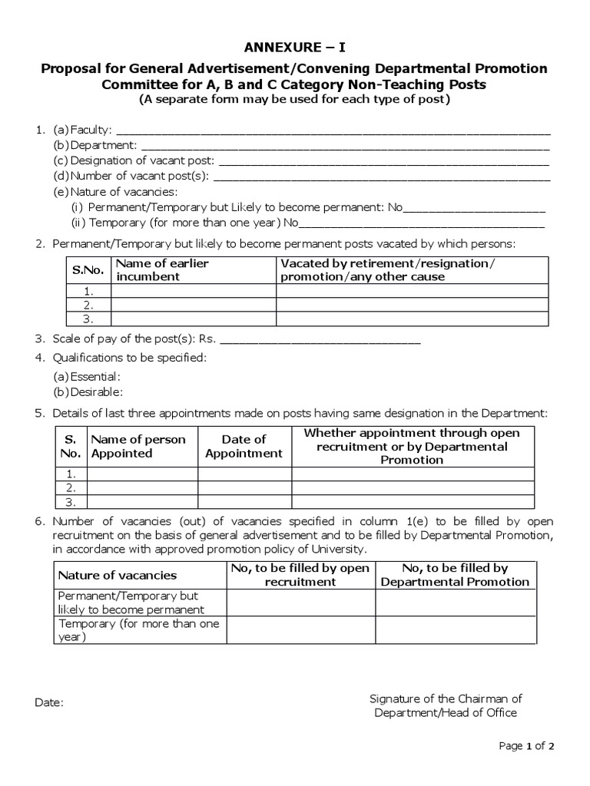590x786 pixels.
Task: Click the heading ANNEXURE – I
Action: [295, 47]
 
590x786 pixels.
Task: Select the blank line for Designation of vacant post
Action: [384, 161]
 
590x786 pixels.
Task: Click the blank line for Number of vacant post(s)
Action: [381, 177]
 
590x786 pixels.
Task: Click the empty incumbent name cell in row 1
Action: [193, 291]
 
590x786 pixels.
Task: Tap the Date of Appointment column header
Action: [244, 446]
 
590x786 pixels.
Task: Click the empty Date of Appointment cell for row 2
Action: [244, 487]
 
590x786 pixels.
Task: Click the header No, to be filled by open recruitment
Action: [300, 575]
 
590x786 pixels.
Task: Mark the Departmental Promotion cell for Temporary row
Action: [456, 630]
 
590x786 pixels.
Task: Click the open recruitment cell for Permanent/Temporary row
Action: [300, 603]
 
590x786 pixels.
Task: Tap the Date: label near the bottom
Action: [50, 702]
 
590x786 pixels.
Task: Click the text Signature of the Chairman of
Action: [446, 698]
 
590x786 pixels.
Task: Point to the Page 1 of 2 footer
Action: [526, 745]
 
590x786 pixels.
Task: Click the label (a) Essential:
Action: [87, 377]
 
